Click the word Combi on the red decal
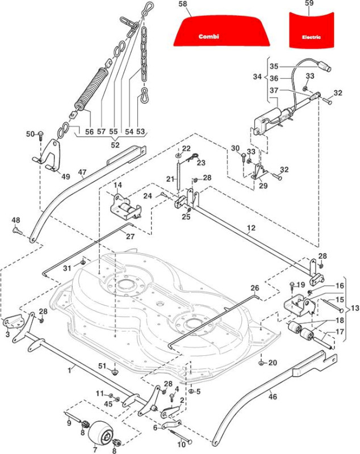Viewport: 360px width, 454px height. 209,36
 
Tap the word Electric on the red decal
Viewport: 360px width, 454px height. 311,37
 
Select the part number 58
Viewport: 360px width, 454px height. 183,4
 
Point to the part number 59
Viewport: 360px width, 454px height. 309,3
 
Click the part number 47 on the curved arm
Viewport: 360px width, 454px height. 82,173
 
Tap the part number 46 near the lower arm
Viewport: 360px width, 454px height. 273,396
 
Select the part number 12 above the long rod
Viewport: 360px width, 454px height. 252,228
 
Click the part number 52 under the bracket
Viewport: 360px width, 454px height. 115,145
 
